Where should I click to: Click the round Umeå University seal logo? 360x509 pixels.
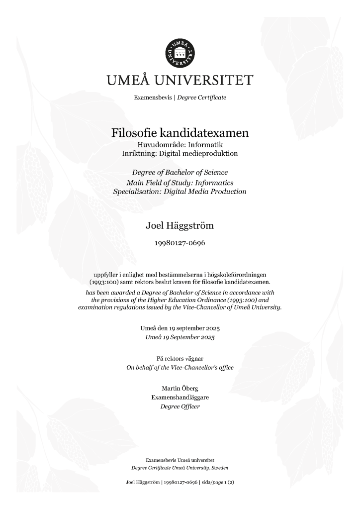pyautogui.click(x=180, y=52)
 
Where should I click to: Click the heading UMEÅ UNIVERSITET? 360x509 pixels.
pyautogui.click(x=180, y=81)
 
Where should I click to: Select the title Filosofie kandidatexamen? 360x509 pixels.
pyautogui.click(x=180, y=133)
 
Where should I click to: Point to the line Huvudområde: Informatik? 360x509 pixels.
pyautogui.click(x=180, y=145)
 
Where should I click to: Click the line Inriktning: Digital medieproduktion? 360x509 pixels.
pyautogui.click(x=180, y=154)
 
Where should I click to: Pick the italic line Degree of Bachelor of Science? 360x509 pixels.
pyautogui.click(x=180, y=172)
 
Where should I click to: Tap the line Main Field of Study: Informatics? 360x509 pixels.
pyautogui.click(x=180, y=182)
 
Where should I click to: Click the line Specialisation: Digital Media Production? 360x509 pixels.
pyautogui.click(x=180, y=192)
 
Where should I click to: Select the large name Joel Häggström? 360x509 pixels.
pyautogui.click(x=180, y=226)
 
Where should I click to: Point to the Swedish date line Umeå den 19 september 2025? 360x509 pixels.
pyautogui.click(x=180, y=329)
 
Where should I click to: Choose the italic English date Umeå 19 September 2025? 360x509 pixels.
pyautogui.click(x=180, y=337)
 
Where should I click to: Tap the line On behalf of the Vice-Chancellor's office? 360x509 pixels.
pyautogui.click(x=180, y=368)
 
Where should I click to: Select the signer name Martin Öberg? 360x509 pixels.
pyautogui.click(x=180, y=388)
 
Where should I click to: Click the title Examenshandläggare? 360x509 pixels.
pyautogui.click(x=180, y=397)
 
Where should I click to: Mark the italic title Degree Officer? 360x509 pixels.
pyautogui.click(x=180, y=406)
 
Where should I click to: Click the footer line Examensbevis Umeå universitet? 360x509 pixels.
pyautogui.click(x=180, y=460)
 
